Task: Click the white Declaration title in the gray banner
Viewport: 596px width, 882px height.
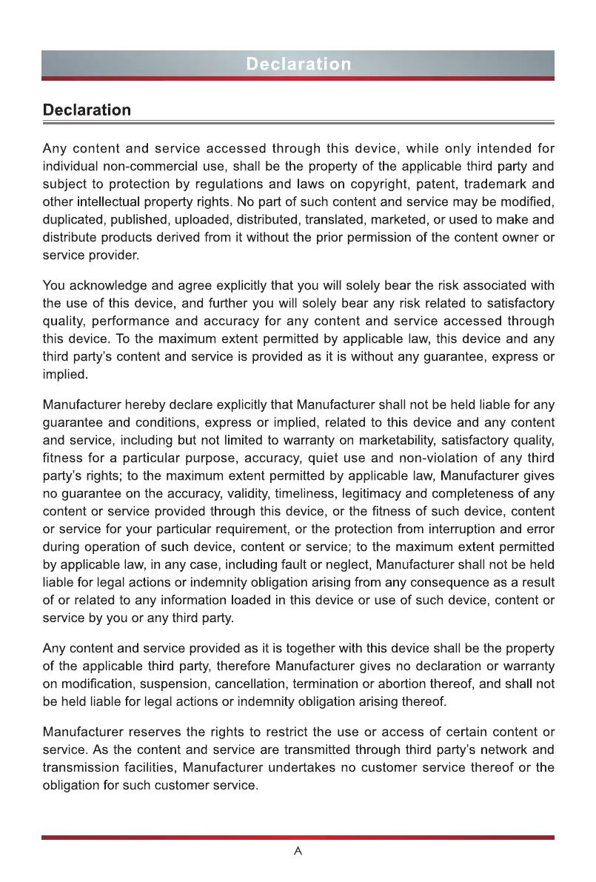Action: pos(298,64)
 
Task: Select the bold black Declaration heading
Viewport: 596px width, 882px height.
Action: pos(87,110)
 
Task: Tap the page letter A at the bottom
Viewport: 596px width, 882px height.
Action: pos(298,852)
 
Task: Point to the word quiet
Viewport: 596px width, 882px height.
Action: pos(360,458)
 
